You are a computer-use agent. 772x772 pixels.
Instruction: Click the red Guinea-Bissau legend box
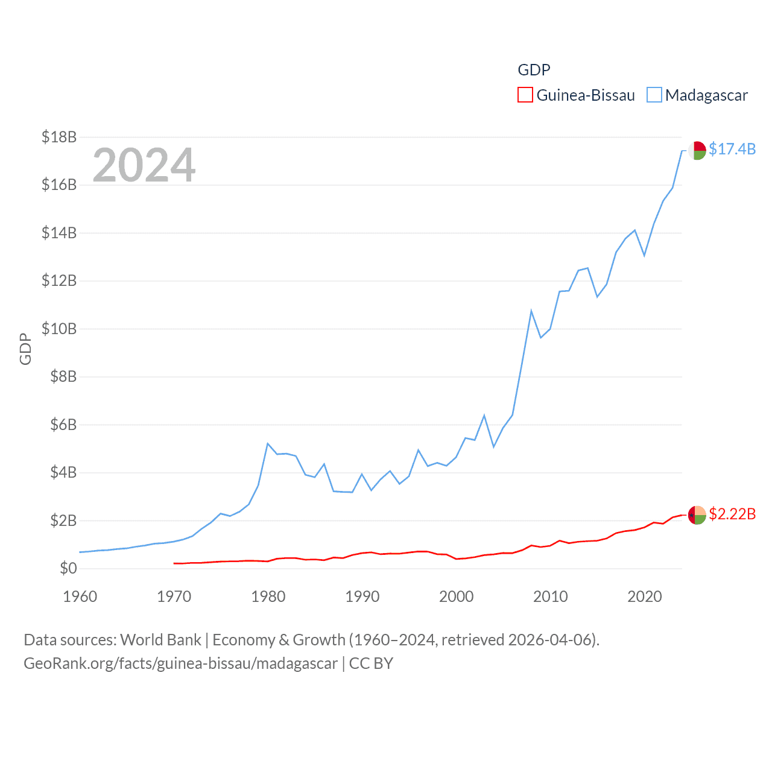tap(525, 95)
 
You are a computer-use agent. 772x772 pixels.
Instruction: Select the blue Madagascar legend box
tap(654, 95)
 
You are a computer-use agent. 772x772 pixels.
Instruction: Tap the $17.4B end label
tap(732, 149)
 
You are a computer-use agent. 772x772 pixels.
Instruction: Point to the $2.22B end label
tap(732, 514)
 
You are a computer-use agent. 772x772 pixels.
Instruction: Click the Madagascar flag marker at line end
tap(697, 150)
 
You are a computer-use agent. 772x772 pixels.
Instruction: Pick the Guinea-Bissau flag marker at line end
tap(697, 515)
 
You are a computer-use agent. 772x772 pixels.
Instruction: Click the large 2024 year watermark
tap(144, 165)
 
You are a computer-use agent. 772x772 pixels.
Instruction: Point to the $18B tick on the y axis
tap(59, 137)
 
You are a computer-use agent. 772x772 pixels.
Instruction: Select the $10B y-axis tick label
tap(59, 329)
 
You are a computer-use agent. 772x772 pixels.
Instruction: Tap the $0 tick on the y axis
tap(68, 568)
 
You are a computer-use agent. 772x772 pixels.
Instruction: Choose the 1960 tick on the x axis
tap(80, 596)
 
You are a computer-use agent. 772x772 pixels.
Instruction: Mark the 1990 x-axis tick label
tap(362, 596)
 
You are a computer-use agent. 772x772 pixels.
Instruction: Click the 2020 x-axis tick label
tap(645, 596)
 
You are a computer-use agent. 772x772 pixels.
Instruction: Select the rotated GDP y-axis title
tap(25, 349)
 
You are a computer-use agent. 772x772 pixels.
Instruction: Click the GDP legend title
tap(534, 70)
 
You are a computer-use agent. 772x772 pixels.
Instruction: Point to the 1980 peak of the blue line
tap(267, 444)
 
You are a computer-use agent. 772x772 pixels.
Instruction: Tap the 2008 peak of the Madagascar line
tap(531, 311)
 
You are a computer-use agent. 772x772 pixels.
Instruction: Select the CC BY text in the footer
tap(371, 663)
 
